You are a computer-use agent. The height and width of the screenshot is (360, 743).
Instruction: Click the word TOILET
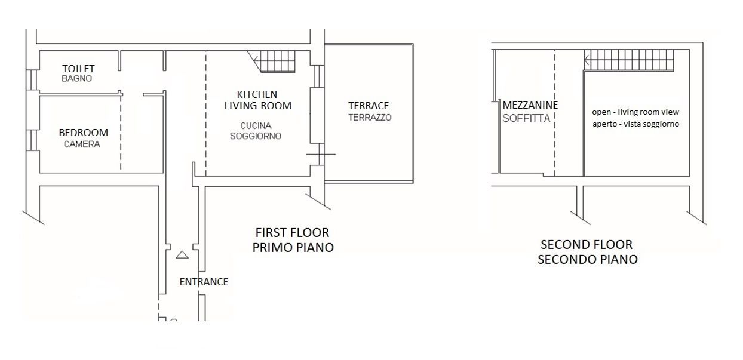[x=79, y=69]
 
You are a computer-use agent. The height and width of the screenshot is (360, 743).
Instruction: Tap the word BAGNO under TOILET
[x=76, y=79]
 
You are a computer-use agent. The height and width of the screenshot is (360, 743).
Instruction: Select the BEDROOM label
[x=84, y=133]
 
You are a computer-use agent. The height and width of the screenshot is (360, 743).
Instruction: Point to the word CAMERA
[x=82, y=144]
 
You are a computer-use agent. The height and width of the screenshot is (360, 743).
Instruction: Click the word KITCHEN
[x=257, y=94]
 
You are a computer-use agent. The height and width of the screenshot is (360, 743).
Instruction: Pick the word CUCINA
[x=256, y=125]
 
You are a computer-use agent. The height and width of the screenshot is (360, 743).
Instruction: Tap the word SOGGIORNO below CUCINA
[x=256, y=136]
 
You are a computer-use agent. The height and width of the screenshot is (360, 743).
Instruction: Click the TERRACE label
[x=369, y=106]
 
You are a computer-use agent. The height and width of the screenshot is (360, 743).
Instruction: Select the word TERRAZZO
[x=370, y=118]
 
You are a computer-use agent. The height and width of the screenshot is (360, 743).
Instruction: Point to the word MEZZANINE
[x=530, y=105]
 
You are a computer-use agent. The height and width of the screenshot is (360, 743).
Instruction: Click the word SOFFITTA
[x=526, y=118]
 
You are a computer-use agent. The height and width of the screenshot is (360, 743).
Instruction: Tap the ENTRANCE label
[x=204, y=282]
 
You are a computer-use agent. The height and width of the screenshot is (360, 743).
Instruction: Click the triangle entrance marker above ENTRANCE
[x=182, y=254]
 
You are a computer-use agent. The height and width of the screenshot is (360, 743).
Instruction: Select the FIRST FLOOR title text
[x=292, y=233]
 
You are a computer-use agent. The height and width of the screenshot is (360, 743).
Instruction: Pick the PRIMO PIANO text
[x=293, y=247]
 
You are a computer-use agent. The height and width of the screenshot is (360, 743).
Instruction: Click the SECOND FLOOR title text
[x=587, y=245]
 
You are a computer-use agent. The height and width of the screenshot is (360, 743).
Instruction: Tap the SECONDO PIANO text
[x=588, y=259]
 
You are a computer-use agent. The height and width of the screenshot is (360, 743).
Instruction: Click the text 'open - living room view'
[x=635, y=112]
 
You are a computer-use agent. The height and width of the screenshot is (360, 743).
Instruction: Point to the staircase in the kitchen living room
[x=271, y=61]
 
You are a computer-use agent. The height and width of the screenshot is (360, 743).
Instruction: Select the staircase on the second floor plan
[x=629, y=60]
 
